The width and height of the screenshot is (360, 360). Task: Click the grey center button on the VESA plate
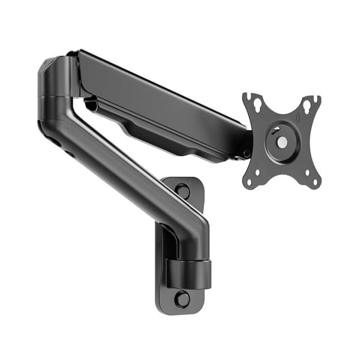281,142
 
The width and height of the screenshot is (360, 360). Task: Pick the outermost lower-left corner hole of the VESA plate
251,179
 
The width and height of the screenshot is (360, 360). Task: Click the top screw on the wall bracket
182,191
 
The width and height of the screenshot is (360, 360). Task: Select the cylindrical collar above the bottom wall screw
188,273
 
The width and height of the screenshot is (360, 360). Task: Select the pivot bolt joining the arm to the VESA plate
247,154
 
